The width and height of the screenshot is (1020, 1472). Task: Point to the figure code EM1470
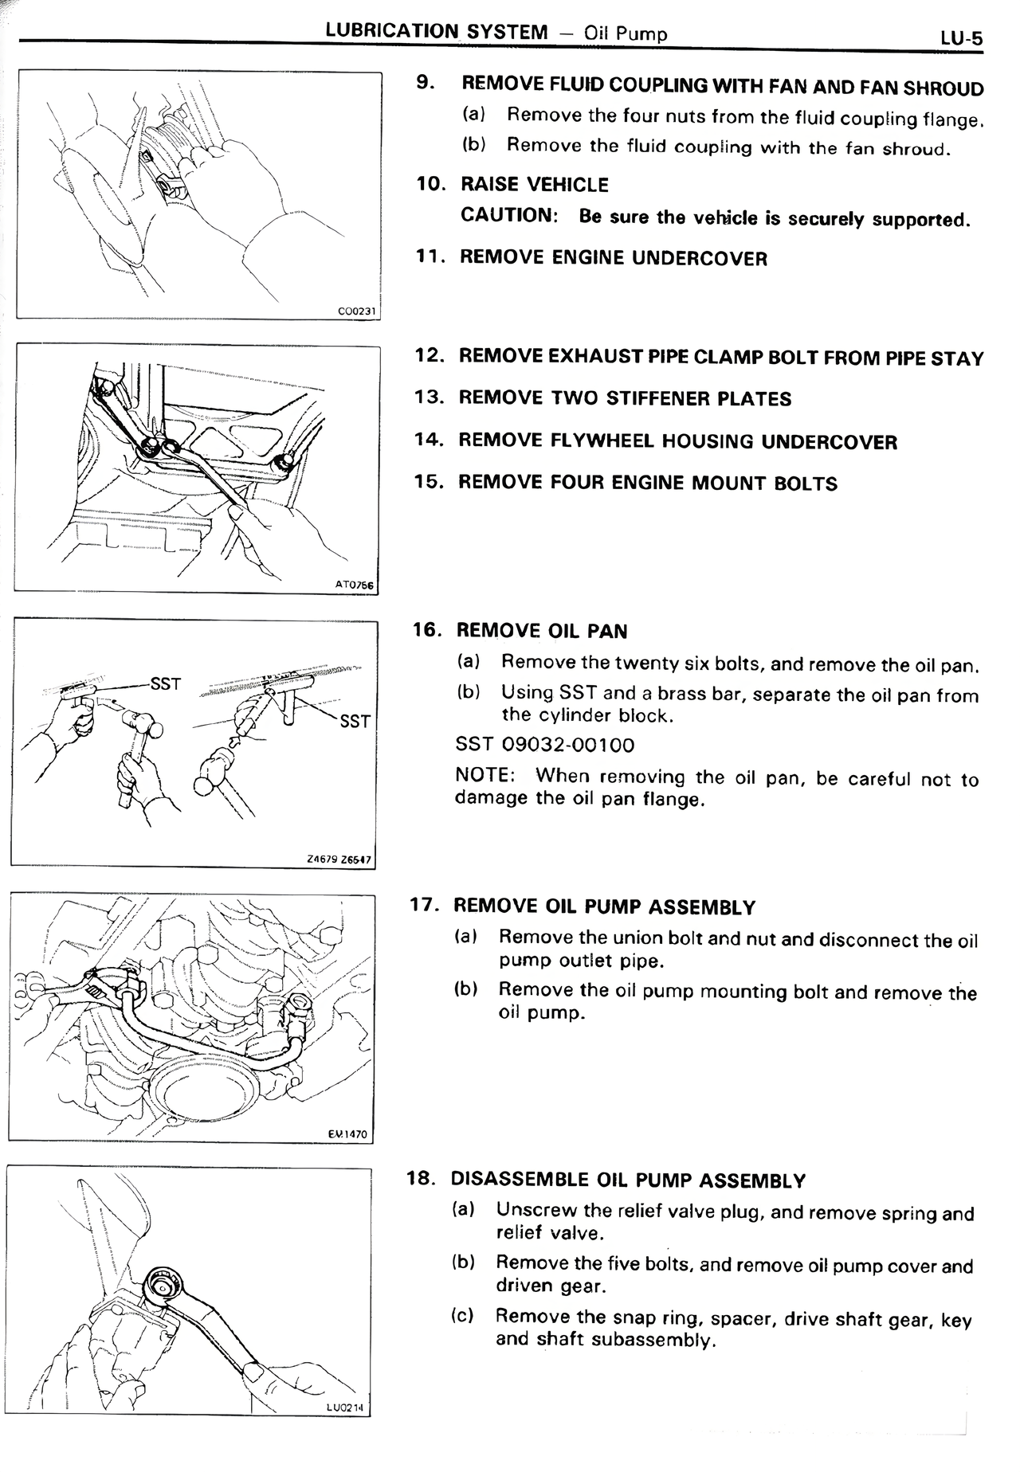tap(347, 1133)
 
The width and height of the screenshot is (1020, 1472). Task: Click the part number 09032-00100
tap(568, 746)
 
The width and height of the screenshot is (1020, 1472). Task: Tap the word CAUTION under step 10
tap(508, 215)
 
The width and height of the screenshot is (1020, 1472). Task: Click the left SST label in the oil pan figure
tap(165, 684)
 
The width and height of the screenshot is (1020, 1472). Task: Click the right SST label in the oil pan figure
tap(355, 721)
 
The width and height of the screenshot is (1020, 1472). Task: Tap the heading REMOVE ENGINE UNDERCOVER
tap(614, 258)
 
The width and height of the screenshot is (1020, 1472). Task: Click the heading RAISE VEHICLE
tap(534, 185)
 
